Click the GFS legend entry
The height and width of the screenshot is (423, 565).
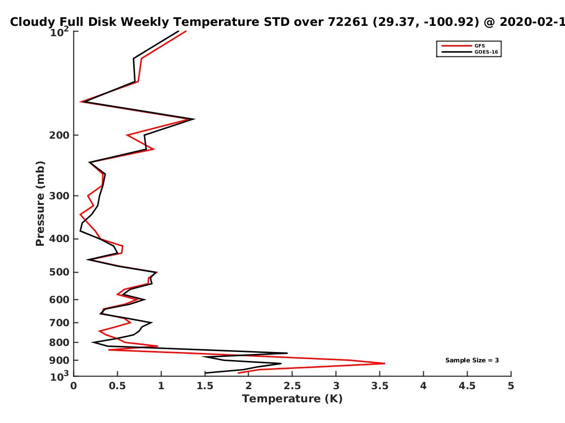463,46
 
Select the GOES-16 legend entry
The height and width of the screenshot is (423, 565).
470,52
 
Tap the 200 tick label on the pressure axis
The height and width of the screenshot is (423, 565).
59,135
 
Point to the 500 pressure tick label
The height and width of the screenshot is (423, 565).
59,272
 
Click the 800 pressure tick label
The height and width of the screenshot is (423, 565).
59,343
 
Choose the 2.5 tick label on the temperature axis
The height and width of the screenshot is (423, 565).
292,386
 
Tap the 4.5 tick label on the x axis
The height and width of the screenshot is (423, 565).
467,386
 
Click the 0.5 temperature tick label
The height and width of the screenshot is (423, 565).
117,386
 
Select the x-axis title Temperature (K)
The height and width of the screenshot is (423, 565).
292,399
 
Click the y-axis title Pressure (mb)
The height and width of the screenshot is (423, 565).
40,204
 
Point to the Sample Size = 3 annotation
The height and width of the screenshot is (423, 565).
472,360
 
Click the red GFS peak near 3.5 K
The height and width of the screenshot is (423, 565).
385,363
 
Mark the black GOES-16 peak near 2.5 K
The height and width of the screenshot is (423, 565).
287,353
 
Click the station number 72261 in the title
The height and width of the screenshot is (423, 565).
348,22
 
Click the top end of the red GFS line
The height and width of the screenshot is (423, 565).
186,31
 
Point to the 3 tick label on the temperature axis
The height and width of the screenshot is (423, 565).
336,386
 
